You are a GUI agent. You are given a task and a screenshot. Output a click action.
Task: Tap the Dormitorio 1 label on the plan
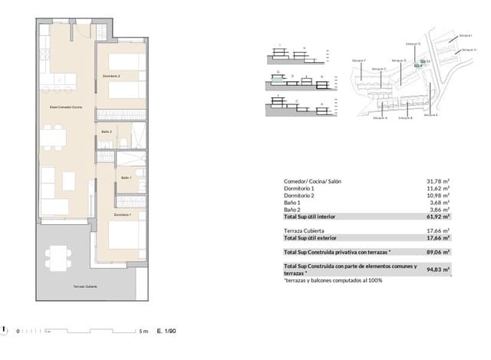click(111, 214)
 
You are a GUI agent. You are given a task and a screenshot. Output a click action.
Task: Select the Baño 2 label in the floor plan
click(107, 132)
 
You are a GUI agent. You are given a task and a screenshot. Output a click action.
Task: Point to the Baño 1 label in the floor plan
click(127, 178)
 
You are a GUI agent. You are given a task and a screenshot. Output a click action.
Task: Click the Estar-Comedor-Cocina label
click(64, 107)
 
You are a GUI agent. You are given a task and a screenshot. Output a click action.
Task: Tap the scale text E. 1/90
click(166, 332)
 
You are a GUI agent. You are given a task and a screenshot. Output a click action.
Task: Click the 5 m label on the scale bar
click(143, 332)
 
